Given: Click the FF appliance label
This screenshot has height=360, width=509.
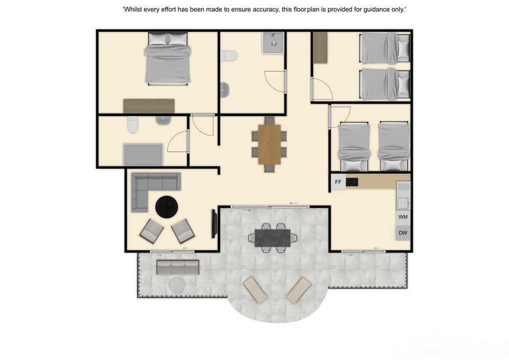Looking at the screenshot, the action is [338, 182].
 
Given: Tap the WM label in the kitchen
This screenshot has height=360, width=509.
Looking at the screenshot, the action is [403, 217].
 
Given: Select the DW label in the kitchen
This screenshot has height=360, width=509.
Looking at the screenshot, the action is [403, 233].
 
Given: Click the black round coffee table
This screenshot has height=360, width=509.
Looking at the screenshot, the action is [166, 207].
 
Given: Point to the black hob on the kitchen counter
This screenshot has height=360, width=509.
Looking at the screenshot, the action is [352, 182].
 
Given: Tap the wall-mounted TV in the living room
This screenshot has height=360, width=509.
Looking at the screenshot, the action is [214, 224].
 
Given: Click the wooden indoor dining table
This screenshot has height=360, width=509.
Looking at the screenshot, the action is [269, 144].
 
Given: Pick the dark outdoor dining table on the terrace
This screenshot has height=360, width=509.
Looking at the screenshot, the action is [273, 238].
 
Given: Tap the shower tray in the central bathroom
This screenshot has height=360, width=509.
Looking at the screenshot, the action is [273, 43].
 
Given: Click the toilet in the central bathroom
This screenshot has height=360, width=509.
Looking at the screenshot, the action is [229, 56].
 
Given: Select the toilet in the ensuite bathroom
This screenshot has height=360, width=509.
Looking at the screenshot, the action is [133, 125].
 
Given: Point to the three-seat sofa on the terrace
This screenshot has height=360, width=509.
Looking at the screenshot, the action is [178, 267].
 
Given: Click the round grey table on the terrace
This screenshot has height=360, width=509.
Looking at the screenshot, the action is [177, 285].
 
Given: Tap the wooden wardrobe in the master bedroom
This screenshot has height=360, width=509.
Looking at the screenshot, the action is [148, 106].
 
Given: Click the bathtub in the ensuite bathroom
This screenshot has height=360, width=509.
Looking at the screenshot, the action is [143, 155].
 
